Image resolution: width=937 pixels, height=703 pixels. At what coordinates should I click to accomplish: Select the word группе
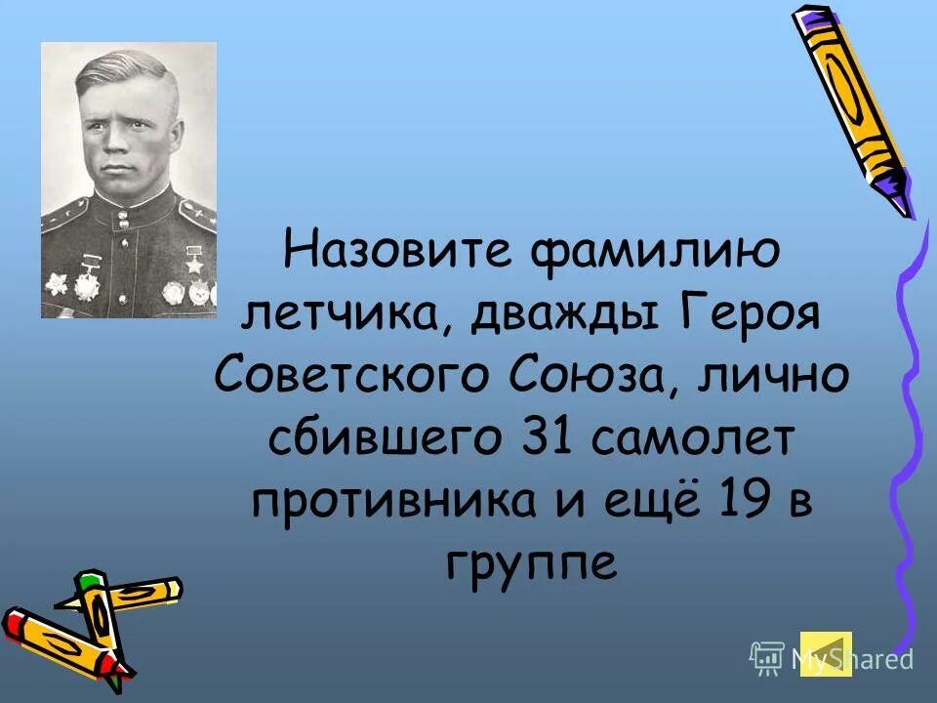coord(532,563)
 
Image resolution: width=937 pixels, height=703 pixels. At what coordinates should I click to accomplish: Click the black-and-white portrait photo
coord(128,180)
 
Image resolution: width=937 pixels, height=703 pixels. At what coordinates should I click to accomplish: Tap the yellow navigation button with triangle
coord(826,653)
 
